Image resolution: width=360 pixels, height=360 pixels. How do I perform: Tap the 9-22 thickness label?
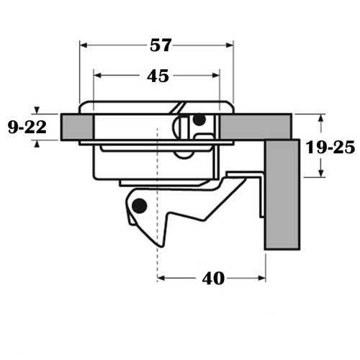pyautogui.click(x=26, y=127)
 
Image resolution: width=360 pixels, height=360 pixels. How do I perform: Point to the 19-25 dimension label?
pyautogui.click(x=329, y=147)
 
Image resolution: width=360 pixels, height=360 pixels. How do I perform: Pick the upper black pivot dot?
pyautogui.click(x=199, y=120)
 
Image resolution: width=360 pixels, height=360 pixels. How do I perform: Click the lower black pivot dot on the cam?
pyautogui.click(x=140, y=207)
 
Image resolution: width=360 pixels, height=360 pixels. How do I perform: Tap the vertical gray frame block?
pyautogui.click(x=281, y=194)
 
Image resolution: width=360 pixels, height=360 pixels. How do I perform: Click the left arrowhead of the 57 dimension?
pyautogui.click(x=82, y=45)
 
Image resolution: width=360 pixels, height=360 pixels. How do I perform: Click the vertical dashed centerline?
pyautogui.click(x=156, y=238)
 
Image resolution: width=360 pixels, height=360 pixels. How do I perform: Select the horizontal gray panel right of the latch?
pyautogui.click(x=256, y=126)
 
